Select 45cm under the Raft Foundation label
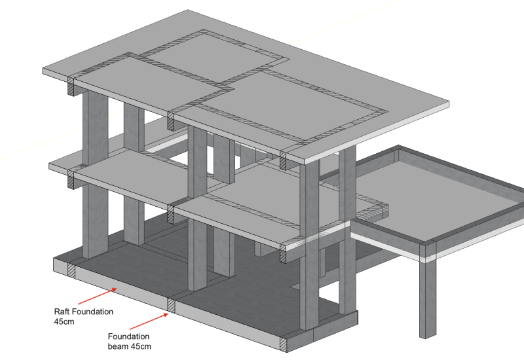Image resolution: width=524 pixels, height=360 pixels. (x=63, y=321)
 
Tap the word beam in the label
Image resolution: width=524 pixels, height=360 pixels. (x=118, y=346)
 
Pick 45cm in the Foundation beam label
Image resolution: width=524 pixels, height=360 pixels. (x=141, y=346)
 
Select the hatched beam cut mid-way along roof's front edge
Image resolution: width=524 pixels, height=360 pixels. (x=170, y=120)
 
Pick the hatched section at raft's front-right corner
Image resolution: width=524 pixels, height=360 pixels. (x=284, y=343)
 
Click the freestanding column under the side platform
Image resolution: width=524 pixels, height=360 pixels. (x=427, y=298)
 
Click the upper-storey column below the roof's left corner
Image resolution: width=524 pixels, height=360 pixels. (x=94, y=128)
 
